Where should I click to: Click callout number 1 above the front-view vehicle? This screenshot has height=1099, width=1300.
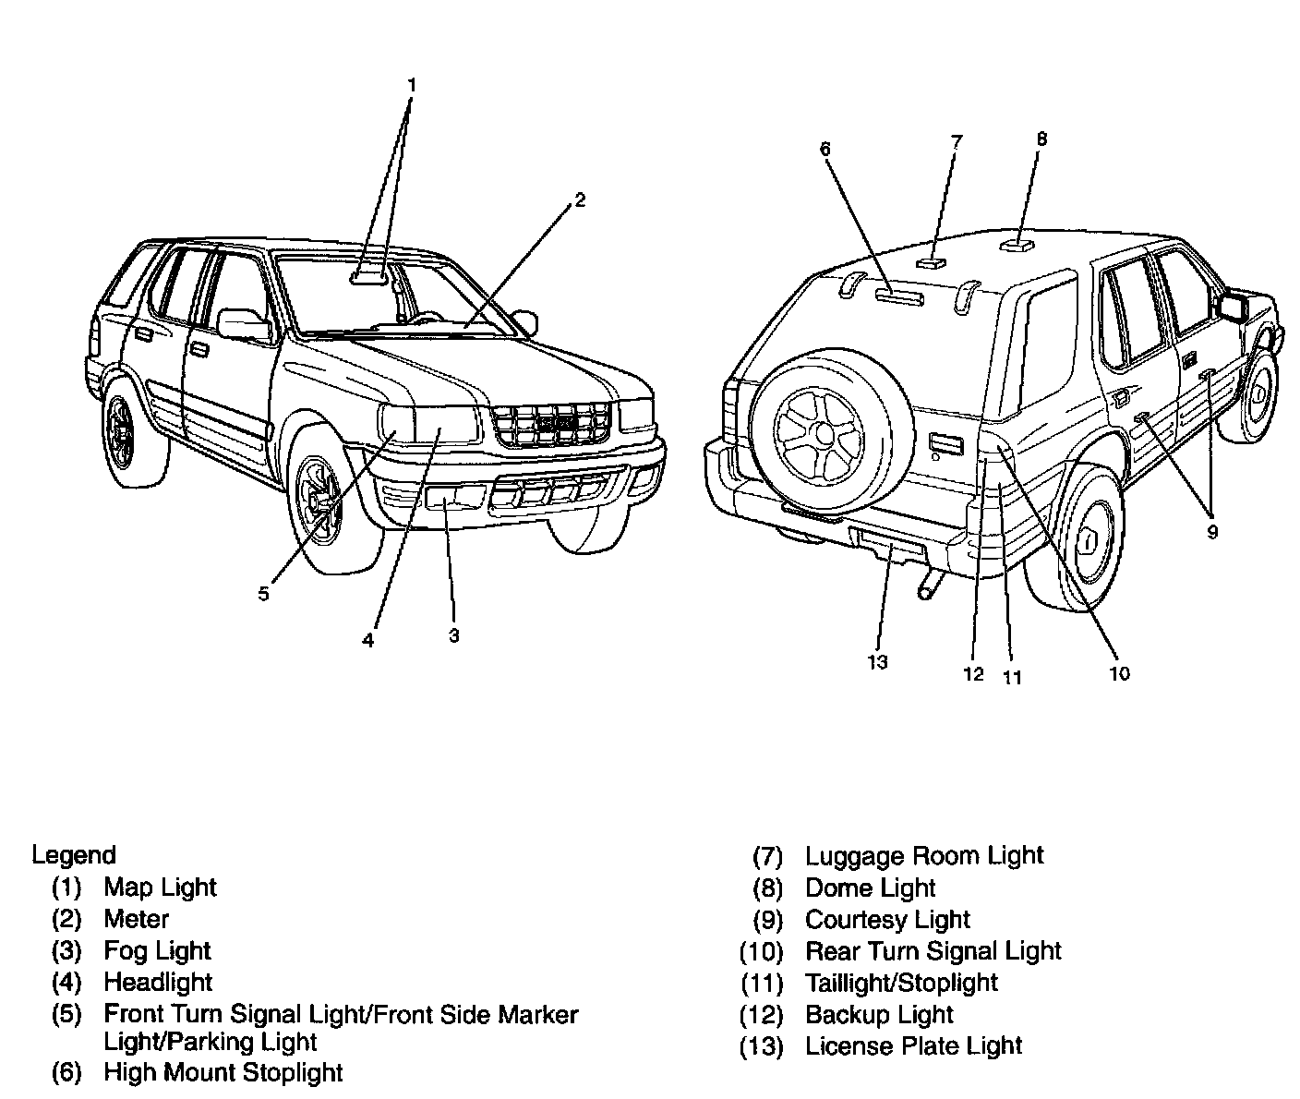412,85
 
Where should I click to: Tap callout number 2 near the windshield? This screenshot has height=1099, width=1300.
579,199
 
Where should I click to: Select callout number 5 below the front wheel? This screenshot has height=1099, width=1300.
264,594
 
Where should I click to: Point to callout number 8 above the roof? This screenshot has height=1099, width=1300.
1041,139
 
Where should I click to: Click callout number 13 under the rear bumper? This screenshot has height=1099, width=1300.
877,661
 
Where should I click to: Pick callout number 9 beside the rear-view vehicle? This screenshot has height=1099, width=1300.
1212,532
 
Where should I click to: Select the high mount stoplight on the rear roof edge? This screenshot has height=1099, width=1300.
898,296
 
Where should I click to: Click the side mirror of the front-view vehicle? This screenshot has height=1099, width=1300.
243,323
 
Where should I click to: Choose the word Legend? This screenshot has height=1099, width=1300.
74,855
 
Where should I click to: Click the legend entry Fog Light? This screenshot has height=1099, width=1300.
157,950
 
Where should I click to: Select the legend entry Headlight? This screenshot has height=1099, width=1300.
158,982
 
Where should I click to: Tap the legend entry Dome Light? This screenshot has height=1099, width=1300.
870,888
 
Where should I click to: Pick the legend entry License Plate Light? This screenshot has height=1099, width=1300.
913,1046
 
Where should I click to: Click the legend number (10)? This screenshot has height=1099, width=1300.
761,951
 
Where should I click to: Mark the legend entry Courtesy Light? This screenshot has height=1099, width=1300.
887,920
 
